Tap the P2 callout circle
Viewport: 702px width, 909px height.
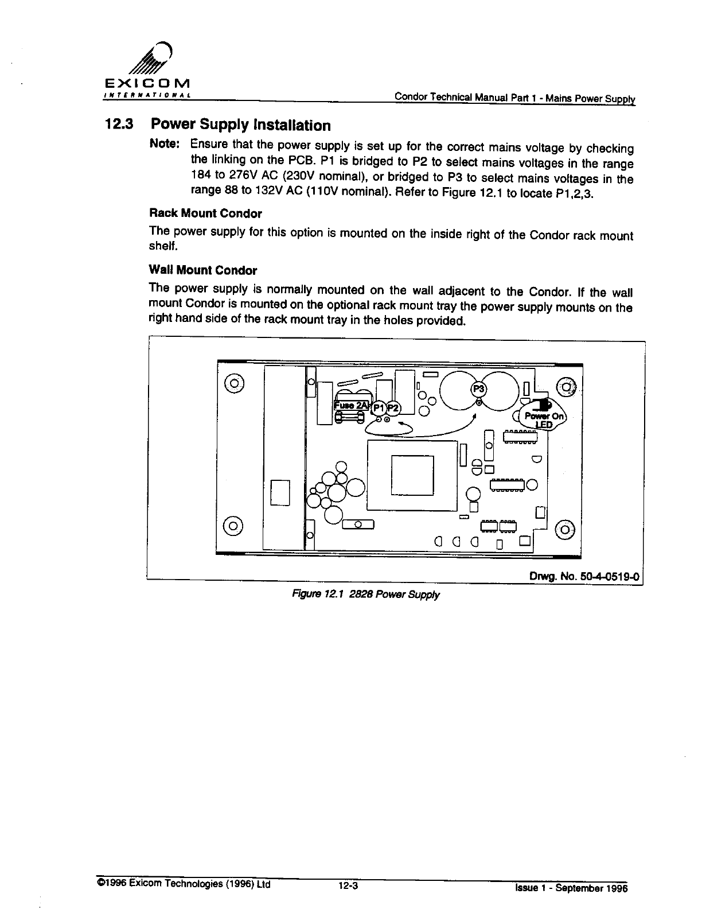coord(393,407)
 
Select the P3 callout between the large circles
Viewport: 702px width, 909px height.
coord(478,389)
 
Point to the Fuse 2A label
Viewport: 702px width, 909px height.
coord(350,405)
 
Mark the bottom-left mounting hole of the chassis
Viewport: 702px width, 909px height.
coord(233,525)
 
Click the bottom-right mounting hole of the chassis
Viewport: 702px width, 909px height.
coord(565,529)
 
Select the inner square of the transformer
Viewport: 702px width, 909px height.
coord(412,475)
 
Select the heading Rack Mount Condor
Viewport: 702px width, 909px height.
coord(205,213)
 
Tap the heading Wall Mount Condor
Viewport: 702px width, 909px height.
coord(203,270)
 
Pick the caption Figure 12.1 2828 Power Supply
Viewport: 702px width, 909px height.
coord(365,594)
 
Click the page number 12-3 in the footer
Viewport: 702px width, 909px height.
coord(348,885)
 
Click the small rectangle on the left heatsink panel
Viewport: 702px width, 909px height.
coord(280,492)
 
